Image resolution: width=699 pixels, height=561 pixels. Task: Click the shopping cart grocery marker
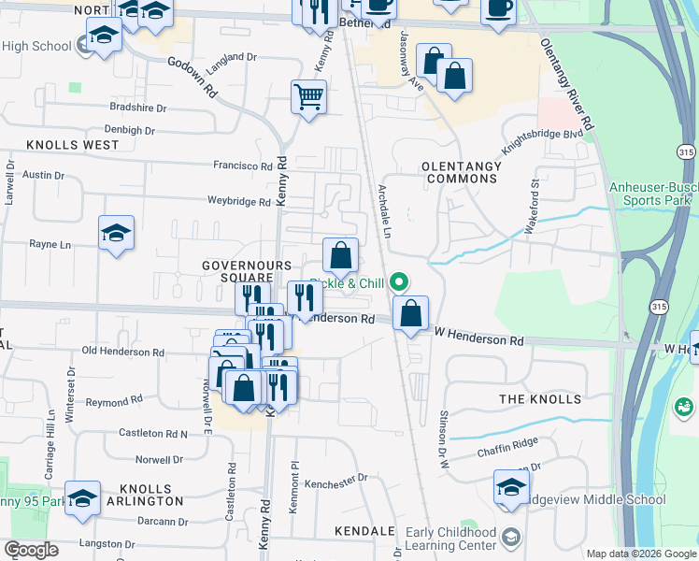click(x=308, y=96)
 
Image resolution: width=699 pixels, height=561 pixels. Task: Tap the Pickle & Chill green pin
click(x=400, y=280)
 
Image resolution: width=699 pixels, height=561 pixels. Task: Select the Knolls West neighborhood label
click(x=73, y=145)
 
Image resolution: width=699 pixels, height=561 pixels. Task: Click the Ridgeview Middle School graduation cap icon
click(x=511, y=489)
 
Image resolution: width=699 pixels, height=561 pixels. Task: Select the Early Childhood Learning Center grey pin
click(x=510, y=537)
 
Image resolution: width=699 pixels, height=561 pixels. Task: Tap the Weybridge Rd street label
click(x=238, y=201)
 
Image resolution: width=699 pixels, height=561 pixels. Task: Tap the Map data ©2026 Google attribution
click(x=641, y=554)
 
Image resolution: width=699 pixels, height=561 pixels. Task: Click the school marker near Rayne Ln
click(x=117, y=235)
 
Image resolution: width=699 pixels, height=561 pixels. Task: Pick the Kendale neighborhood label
click(x=364, y=531)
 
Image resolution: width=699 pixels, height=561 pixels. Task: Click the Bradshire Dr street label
click(x=136, y=108)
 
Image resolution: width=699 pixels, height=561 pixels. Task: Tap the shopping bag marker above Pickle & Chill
click(x=341, y=255)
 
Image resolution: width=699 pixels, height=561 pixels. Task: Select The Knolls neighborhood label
click(x=539, y=399)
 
